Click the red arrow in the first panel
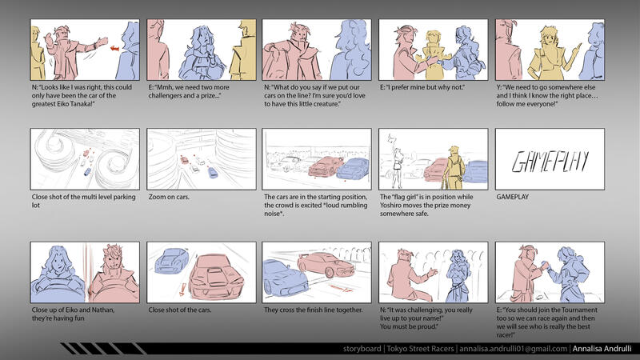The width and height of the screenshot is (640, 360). click(114, 48)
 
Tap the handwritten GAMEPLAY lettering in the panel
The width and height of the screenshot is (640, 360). click(550, 162)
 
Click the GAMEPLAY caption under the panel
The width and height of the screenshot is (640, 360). click(512, 197)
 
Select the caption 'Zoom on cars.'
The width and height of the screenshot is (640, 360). click(169, 197)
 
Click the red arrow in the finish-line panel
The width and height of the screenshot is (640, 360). click(341, 289)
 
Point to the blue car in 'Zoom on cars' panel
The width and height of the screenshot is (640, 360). click(213, 172)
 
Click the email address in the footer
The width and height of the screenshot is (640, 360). click(513, 349)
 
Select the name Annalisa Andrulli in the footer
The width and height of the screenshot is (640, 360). click(602, 349)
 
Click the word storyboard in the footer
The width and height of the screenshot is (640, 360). click(362, 349)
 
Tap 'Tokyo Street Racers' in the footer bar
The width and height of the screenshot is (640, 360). click(420, 349)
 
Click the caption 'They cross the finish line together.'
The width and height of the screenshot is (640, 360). click(313, 310)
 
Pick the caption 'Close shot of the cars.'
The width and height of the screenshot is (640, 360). click(180, 310)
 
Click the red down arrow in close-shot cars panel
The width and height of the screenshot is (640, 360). click(182, 289)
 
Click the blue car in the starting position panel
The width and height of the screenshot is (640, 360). click(352, 169)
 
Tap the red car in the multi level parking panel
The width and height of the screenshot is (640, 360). click(86, 153)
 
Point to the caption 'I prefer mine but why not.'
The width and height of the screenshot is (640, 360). click(422, 87)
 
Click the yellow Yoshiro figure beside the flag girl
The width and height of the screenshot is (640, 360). click(454, 166)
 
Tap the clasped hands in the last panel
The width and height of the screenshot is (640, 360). click(543, 266)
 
